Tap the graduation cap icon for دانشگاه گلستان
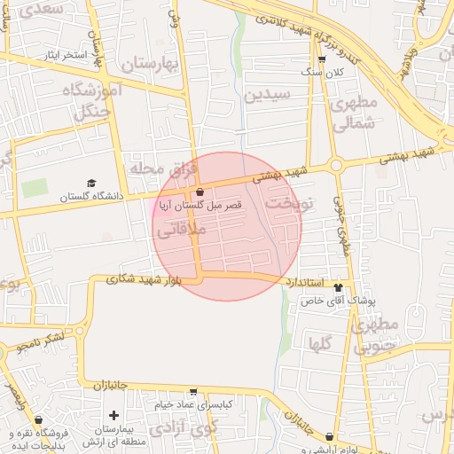[x=91, y=183]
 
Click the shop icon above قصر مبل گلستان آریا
[x=200, y=192]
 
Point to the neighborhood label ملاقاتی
[x=181, y=230]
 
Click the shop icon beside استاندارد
[x=337, y=285]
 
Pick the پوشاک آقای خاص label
[x=340, y=301]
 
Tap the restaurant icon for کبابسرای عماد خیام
[x=194, y=392]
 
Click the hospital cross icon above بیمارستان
[x=113, y=415]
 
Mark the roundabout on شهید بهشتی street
[x=335, y=164]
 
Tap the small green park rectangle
[x=35, y=188]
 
